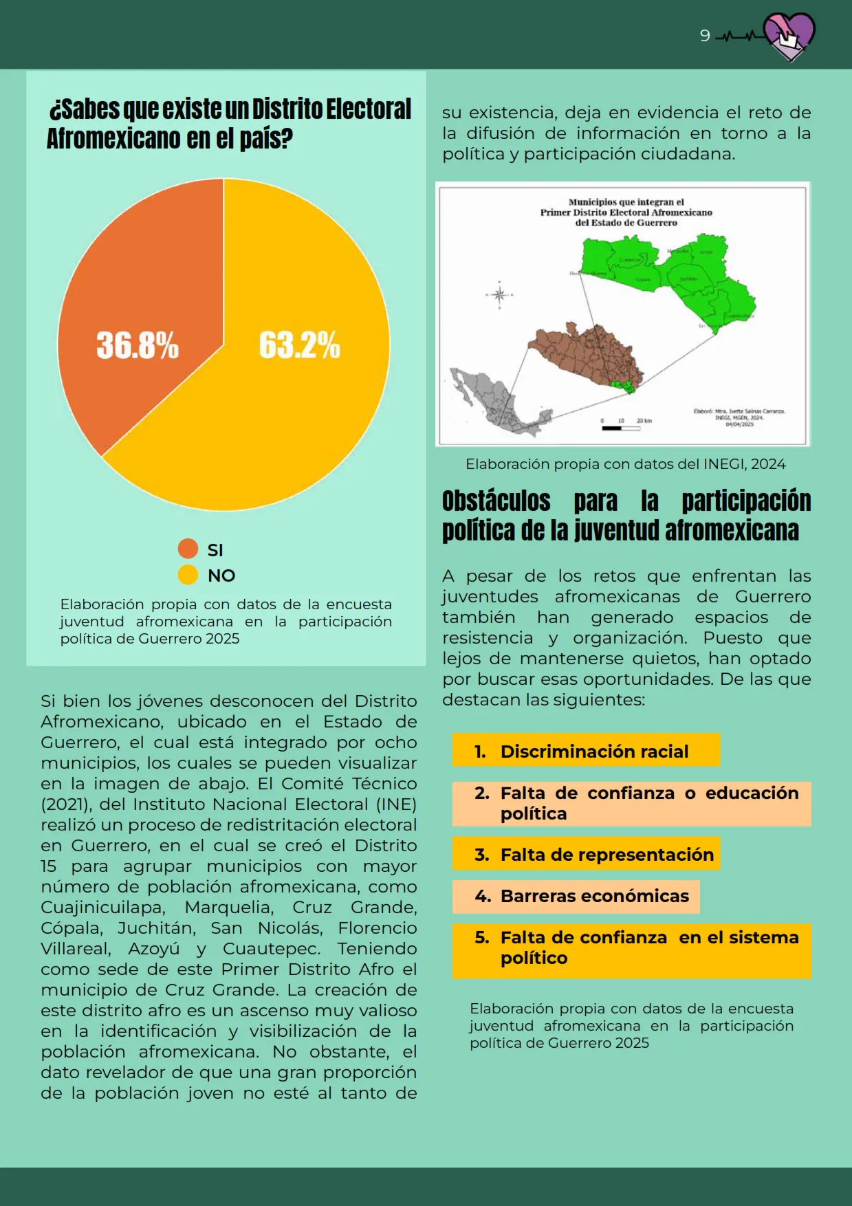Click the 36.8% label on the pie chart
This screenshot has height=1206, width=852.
pos(138,345)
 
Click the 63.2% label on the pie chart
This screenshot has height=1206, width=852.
pos(299,345)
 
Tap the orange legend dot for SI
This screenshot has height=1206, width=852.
pos(188,549)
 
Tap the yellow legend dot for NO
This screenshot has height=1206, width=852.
pos(188,575)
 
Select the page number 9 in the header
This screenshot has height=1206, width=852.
pos(705,36)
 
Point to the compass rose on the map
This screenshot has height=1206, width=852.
pos(499,295)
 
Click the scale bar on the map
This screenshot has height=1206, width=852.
pos(620,428)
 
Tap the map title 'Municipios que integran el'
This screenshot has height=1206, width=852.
pos(626,202)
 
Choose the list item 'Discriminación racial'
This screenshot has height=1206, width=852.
pos(594,752)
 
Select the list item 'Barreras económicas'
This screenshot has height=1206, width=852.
pos(594,897)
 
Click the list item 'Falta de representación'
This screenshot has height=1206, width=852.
pos(607,855)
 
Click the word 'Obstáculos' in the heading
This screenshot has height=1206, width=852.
pos(496,501)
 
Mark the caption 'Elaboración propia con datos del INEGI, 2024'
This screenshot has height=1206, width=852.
pos(625,464)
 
